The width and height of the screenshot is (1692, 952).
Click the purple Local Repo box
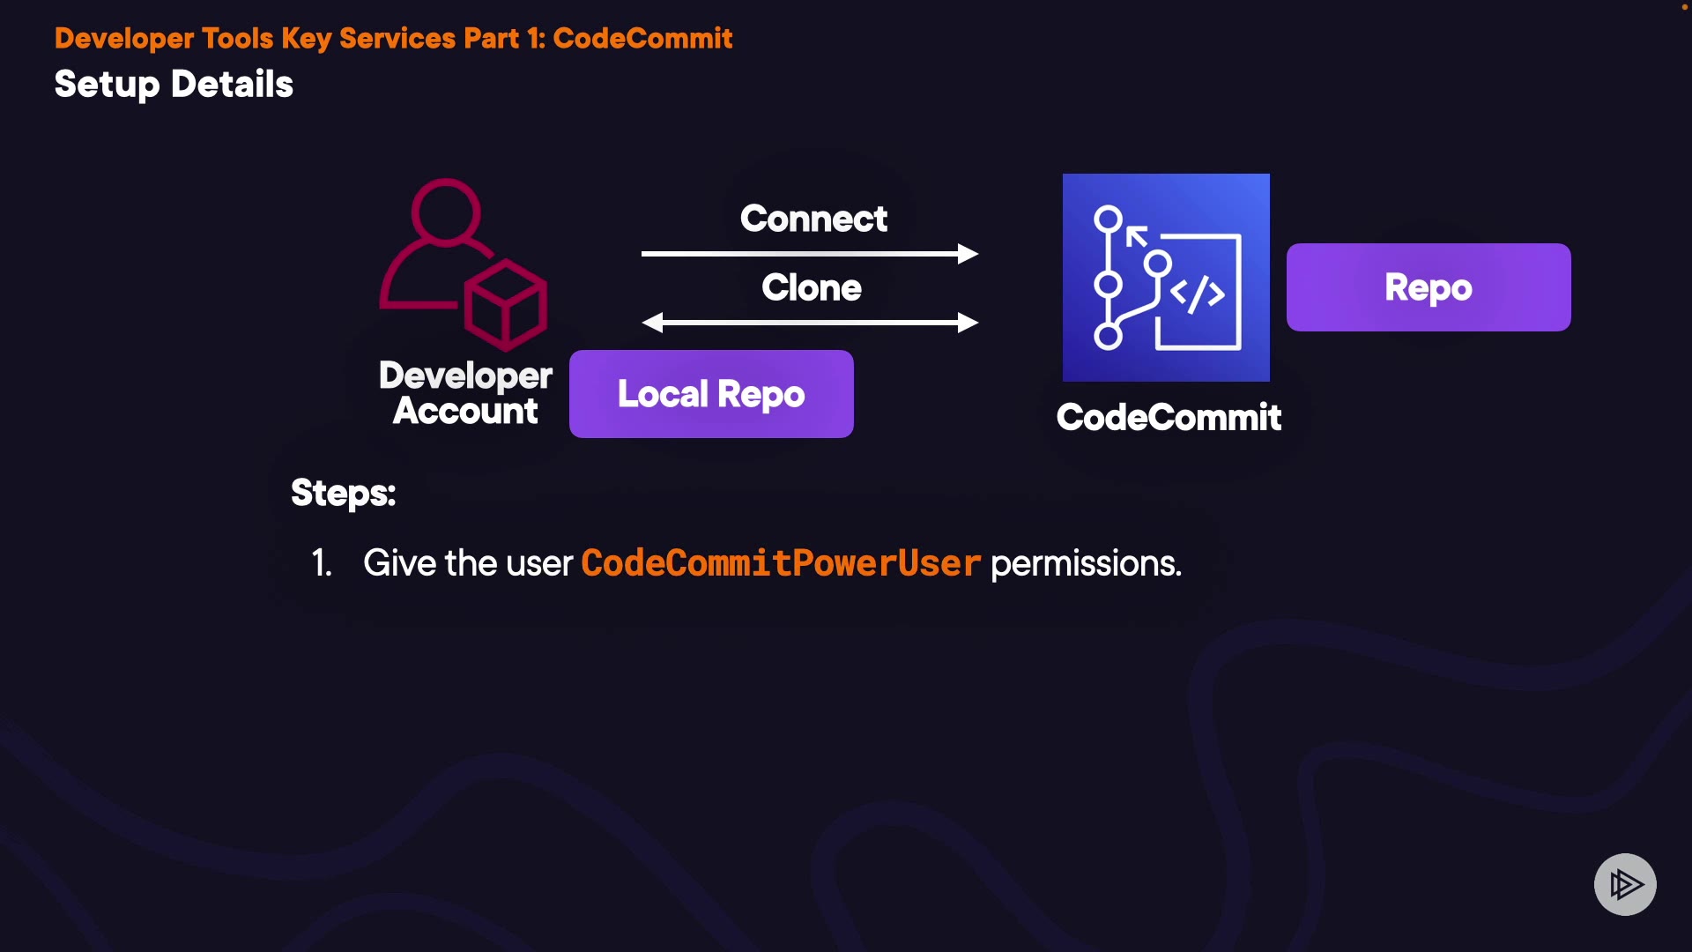(x=711, y=394)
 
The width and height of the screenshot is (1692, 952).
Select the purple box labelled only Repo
(x=1429, y=287)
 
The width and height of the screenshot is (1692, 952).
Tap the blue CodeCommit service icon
(x=1166, y=278)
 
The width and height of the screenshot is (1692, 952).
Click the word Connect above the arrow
(x=813, y=219)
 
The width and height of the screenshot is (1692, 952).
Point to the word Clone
(x=812, y=287)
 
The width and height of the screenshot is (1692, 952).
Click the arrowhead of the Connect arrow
(x=968, y=254)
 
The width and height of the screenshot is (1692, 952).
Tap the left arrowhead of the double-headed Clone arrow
(x=653, y=323)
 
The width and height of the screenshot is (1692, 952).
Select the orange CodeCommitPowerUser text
(x=781, y=563)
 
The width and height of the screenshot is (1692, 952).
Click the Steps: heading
(x=344, y=493)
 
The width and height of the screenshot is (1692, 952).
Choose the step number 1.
(x=322, y=563)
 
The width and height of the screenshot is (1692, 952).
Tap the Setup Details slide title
(x=174, y=85)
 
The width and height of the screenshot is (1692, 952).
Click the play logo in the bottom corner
(x=1625, y=884)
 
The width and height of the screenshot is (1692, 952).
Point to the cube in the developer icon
(x=506, y=303)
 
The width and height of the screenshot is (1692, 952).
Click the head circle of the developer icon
(x=446, y=212)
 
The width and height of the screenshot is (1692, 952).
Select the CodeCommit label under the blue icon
(x=1169, y=417)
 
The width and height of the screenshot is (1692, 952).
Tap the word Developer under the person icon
(x=466, y=376)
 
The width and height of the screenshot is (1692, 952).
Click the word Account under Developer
(x=465, y=411)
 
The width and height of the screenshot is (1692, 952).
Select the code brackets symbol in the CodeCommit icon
(x=1198, y=294)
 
